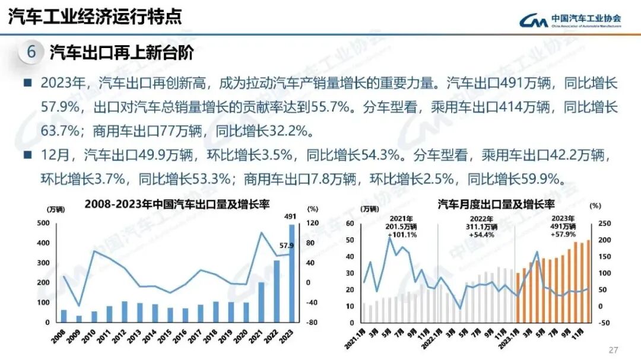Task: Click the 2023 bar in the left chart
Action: click(x=291, y=273)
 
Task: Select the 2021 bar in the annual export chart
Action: click(x=261, y=302)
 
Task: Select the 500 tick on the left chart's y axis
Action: click(x=43, y=223)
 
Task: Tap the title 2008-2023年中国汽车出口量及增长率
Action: click(x=177, y=204)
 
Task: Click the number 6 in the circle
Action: click(x=31, y=52)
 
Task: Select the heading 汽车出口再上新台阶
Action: click(x=122, y=52)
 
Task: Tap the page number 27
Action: click(x=614, y=349)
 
